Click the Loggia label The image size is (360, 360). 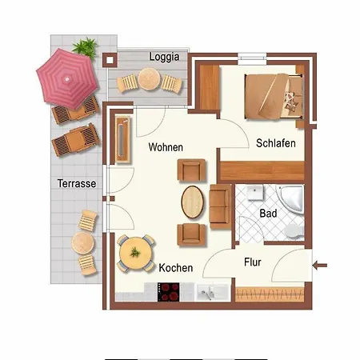[164, 57]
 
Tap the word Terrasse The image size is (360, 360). [77, 183]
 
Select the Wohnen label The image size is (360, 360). [166, 147]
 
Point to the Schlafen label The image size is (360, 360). [276, 143]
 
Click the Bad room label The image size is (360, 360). [268, 214]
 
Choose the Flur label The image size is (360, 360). [252, 262]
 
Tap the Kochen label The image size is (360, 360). [176, 268]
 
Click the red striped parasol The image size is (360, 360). [67, 79]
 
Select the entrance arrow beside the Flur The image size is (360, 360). [320, 266]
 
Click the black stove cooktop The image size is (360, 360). [169, 292]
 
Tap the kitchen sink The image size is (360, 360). [213, 293]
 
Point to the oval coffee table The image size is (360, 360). [192, 202]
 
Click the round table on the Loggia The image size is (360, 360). [149, 79]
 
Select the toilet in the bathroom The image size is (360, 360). [294, 231]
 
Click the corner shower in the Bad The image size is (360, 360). [290, 199]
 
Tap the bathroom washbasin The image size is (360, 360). [255, 193]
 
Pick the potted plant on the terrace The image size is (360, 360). [85, 47]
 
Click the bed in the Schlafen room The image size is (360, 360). [274, 96]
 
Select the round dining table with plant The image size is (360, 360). [136, 254]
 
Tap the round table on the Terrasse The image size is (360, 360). [82, 243]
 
